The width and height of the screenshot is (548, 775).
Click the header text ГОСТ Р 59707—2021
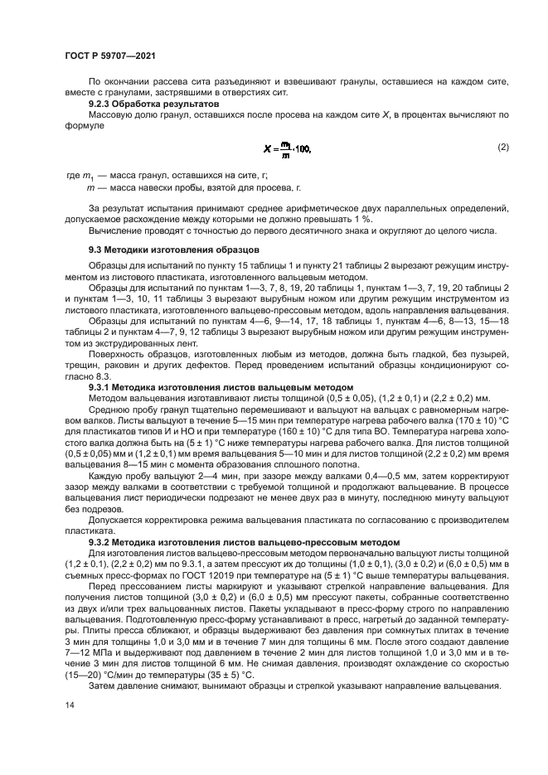[110, 55]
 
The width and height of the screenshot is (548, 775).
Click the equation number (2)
[502, 147]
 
